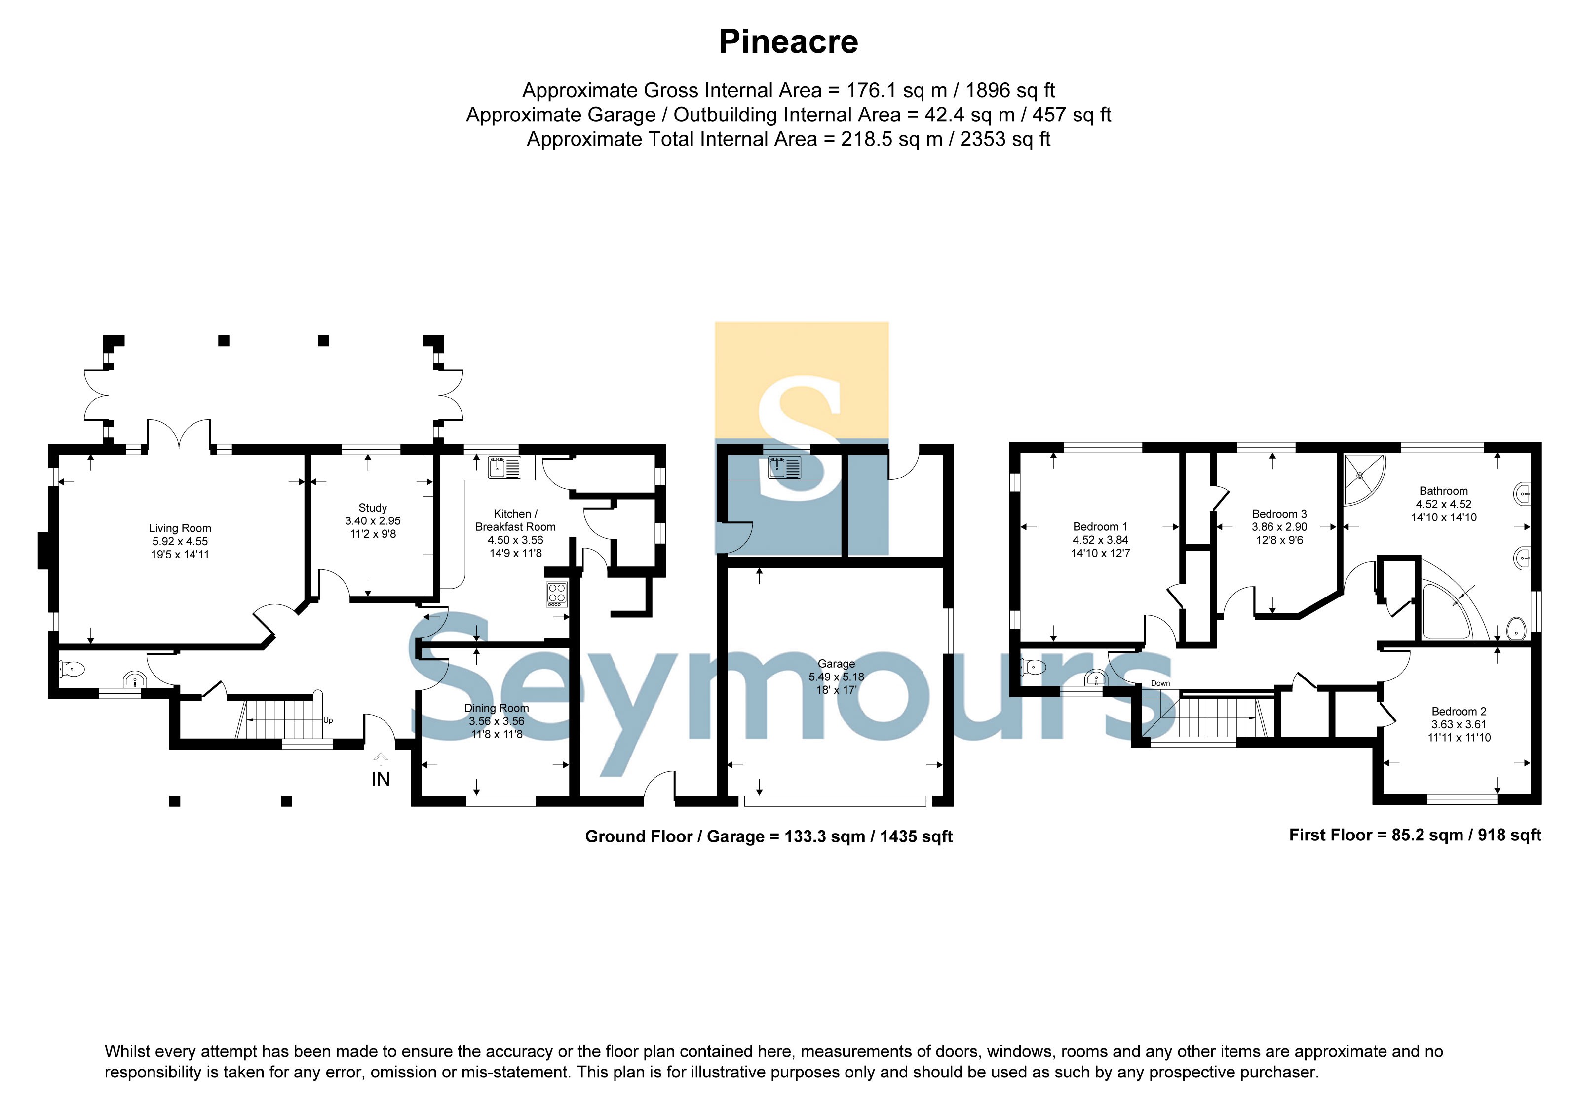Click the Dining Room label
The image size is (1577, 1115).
(x=497, y=708)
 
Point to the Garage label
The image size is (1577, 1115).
(x=837, y=664)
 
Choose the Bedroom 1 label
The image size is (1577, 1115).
(x=1100, y=527)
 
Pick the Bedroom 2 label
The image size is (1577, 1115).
(x=1459, y=712)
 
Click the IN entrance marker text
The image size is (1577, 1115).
(x=381, y=779)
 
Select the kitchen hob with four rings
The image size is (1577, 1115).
(x=556, y=594)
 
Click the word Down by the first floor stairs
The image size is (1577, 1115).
(x=1160, y=683)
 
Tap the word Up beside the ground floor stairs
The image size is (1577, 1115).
(x=328, y=720)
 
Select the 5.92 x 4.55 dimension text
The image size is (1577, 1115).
(x=180, y=541)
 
